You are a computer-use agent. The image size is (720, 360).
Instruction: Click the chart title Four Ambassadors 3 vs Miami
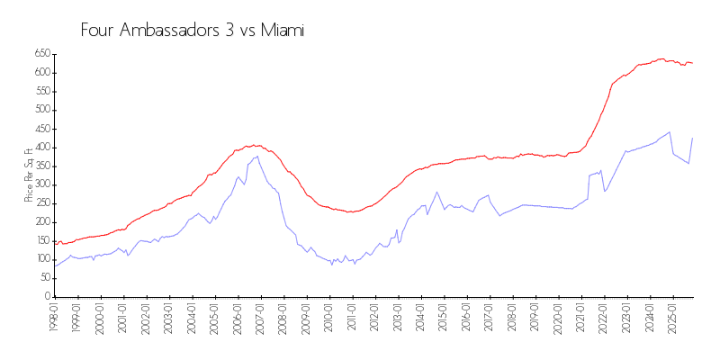click(193, 31)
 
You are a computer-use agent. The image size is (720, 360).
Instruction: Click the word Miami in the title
click(283, 31)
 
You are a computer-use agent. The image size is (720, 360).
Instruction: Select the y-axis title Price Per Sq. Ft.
click(29, 175)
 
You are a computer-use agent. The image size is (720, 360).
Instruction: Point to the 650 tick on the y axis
click(40, 54)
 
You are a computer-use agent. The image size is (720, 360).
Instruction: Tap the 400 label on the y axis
click(40, 148)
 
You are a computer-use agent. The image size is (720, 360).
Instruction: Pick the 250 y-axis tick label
click(40, 203)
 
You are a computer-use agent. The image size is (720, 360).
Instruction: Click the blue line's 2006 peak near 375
click(257, 156)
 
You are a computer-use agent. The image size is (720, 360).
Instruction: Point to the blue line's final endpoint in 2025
click(692, 138)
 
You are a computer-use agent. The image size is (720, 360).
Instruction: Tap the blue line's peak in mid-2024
click(670, 131)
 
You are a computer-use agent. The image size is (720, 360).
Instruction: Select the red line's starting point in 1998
click(55, 242)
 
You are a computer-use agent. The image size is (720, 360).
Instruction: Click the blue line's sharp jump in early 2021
click(589, 175)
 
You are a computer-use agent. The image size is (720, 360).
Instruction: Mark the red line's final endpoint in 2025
click(692, 63)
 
